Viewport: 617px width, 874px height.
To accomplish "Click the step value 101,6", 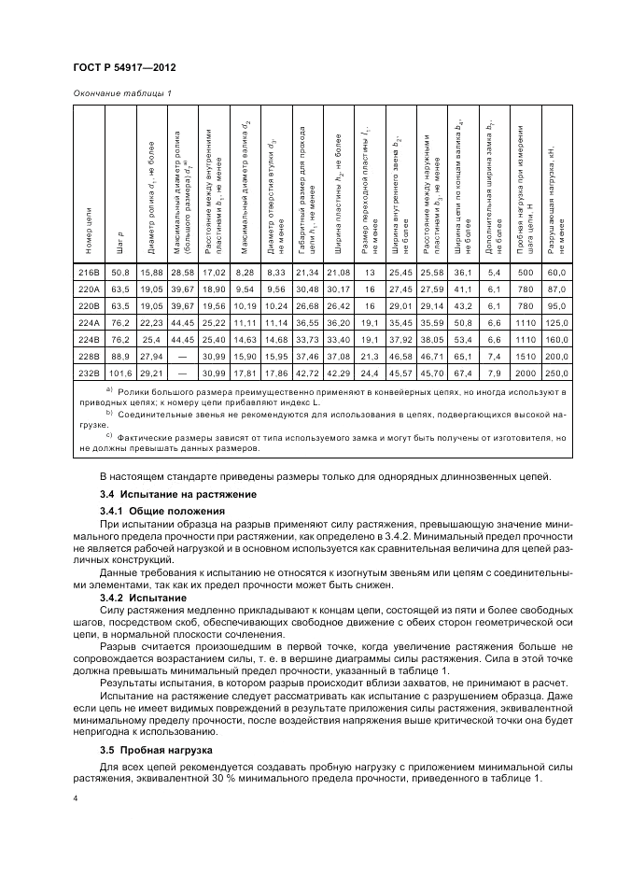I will [x=119, y=371].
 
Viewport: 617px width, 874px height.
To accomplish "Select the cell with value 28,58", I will [x=182, y=272].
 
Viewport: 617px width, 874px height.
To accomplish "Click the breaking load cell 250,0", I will [x=557, y=371].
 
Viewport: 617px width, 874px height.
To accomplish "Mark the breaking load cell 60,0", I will [x=557, y=272].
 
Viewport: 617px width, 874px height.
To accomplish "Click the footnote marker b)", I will [x=109, y=413].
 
